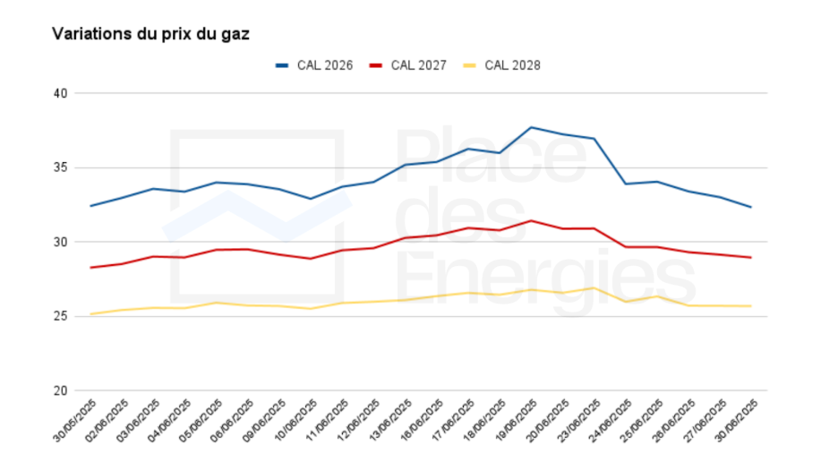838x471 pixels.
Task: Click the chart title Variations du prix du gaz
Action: [x=150, y=34]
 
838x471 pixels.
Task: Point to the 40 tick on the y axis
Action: [x=61, y=93]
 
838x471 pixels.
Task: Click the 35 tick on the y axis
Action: [x=61, y=167]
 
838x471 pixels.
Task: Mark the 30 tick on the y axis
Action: [x=61, y=242]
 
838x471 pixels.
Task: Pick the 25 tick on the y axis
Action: [x=61, y=316]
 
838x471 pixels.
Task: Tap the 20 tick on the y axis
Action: [x=61, y=390]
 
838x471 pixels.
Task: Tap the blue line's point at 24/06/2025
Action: [x=625, y=184]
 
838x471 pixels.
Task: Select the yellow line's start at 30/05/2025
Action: [x=90, y=313]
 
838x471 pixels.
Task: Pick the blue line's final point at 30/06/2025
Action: [x=750, y=207]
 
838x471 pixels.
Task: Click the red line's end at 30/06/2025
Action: [x=750, y=258]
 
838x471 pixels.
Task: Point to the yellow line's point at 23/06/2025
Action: [x=594, y=287]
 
